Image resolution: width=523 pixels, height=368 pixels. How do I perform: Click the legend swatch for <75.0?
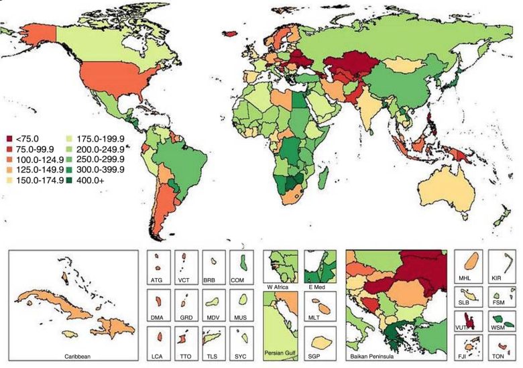10,139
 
